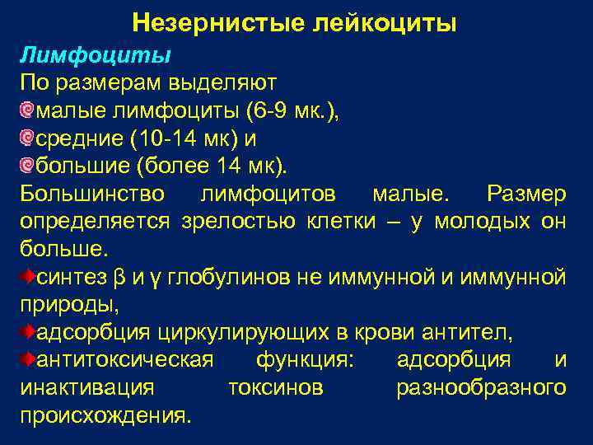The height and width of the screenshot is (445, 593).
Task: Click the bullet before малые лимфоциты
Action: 27,111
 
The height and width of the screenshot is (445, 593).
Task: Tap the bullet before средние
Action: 27,139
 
